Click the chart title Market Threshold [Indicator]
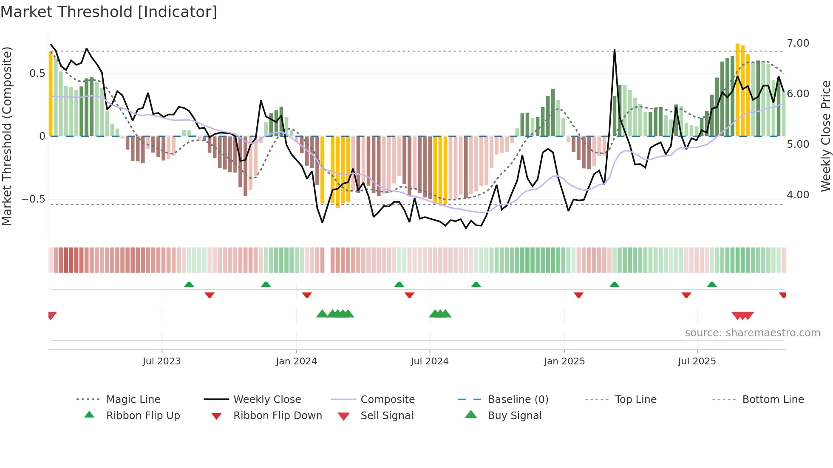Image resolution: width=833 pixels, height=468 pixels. [109, 12]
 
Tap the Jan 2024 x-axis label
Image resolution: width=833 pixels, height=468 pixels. [296, 361]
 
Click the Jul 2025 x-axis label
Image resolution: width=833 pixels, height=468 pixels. [697, 361]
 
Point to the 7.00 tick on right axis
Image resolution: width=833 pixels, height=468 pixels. [798, 43]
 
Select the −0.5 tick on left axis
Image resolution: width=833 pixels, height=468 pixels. [33, 199]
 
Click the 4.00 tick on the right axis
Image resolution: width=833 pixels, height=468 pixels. [798, 195]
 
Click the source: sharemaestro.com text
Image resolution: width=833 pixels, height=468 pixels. [752, 333]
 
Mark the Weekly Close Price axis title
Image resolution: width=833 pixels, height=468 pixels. [825, 136]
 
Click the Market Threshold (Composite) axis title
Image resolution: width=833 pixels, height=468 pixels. [7, 136]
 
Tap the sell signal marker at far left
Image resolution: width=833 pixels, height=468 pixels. [52, 315]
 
